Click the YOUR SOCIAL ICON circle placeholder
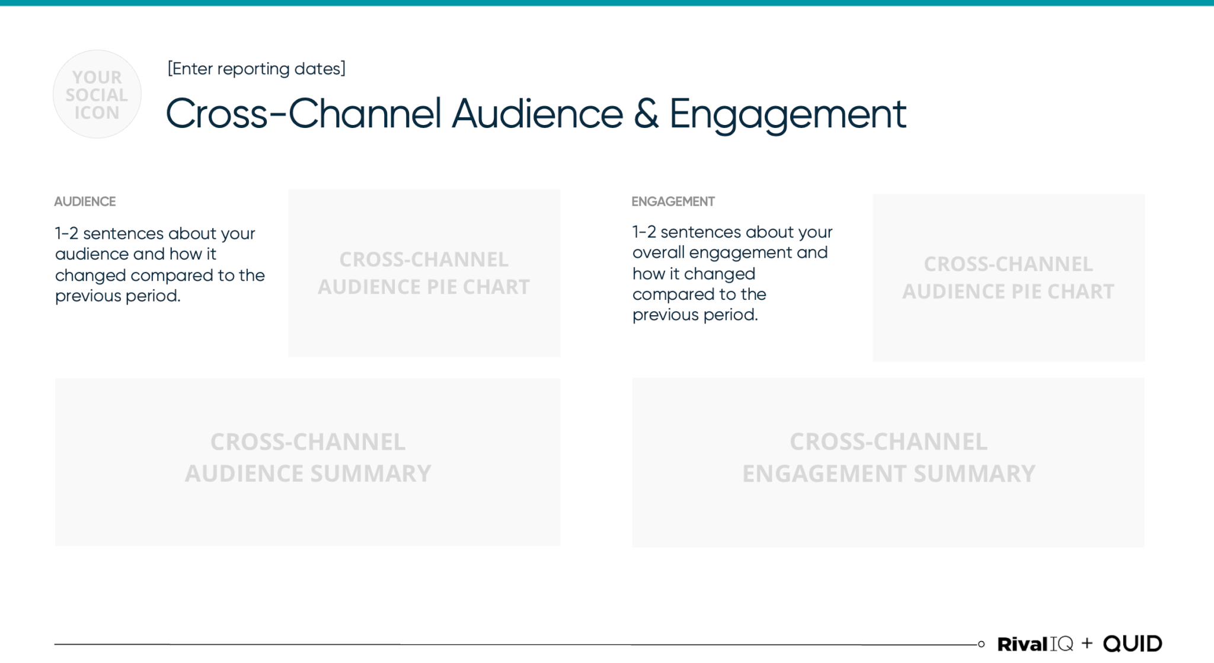[x=97, y=94]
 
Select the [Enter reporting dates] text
[x=256, y=69]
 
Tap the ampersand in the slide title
[x=646, y=114]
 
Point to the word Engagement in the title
[x=787, y=115]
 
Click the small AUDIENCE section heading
[x=85, y=201]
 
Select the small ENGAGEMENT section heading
[x=673, y=201]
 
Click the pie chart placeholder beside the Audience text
[x=424, y=273]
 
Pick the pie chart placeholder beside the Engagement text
[x=1008, y=277]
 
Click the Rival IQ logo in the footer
[x=1035, y=643]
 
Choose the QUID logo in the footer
[x=1132, y=643]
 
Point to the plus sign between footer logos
[x=1087, y=643]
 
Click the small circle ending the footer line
[x=981, y=644]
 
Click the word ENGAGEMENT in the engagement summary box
[x=823, y=473]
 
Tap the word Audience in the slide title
[x=537, y=114]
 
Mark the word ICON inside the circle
[x=97, y=113]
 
